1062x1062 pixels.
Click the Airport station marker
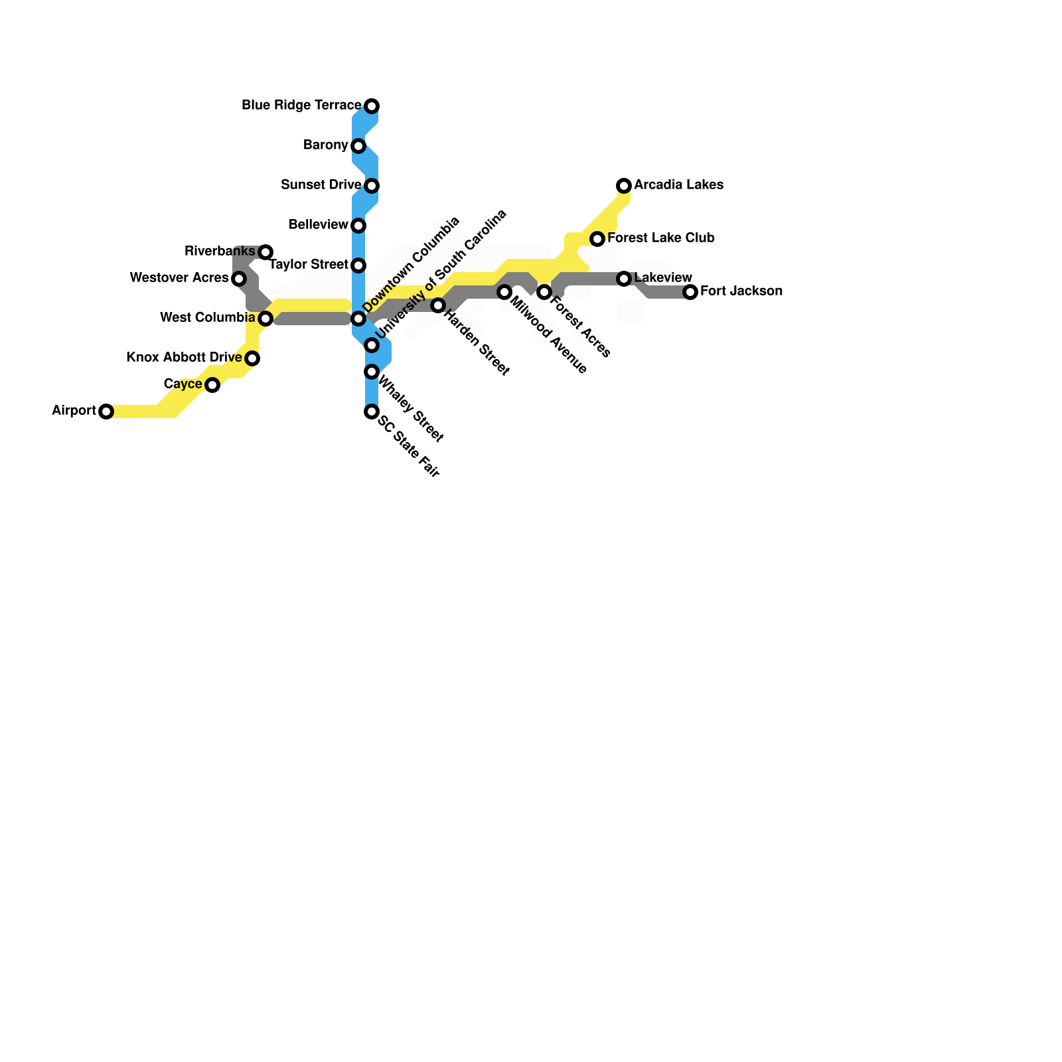tap(106, 412)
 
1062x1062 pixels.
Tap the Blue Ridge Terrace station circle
tap(372, 106)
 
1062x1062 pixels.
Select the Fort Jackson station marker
tap(690, 292)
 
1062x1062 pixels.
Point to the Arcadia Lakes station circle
tap(624, 186)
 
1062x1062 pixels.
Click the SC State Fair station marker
tap(372, 412)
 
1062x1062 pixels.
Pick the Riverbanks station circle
tap(265, 252)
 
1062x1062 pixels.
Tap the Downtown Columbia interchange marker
tap(358, 319)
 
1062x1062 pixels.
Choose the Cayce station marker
tap(212, 385)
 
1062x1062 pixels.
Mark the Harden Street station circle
tap(438, 305)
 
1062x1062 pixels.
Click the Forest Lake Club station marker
tap(597, 239)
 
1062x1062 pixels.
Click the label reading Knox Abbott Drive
tap(184, 358)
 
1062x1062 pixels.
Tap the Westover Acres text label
tap(179, 278)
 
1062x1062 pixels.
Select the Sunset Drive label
tap(321, 185)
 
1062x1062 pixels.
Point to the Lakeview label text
tap(663, 277)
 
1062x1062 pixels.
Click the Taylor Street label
tap(309, 265)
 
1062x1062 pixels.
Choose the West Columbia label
tap(208, 318)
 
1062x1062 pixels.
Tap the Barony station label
tap(325, 145)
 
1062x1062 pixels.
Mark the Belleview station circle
tap(358, 226)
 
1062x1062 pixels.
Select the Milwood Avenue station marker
tap(504, 292)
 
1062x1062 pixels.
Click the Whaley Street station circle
tap(372, 372)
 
